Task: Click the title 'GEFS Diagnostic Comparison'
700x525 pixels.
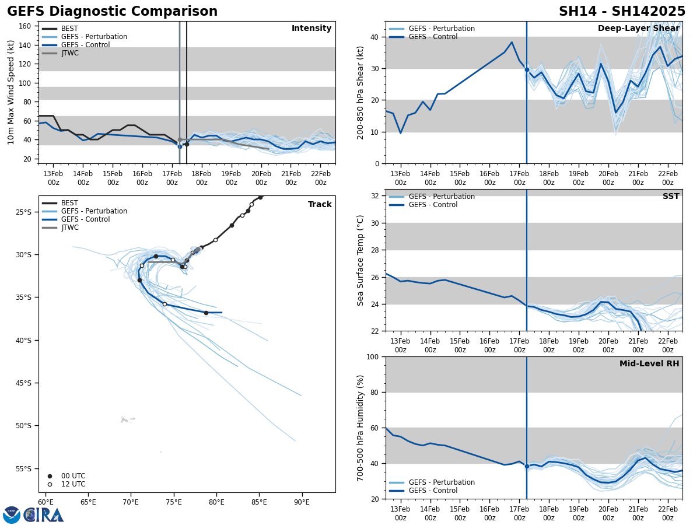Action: point(112,12)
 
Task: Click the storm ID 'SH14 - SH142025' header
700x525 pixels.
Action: point(622,12)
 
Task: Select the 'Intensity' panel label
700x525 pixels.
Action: point(311,29)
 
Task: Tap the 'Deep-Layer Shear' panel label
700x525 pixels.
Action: point(638,29)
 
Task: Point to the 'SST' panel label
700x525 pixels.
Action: point(671,197)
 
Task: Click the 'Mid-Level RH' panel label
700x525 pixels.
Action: point(649,364)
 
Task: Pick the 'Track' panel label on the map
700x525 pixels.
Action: point(320,205)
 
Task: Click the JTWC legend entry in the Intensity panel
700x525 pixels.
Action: point(69,53)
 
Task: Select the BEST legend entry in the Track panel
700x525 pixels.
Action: point(69,203)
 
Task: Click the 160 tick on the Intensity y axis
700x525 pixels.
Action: point(25,26)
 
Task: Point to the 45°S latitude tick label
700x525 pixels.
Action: point(25,383)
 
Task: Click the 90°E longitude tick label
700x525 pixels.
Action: point(302,502)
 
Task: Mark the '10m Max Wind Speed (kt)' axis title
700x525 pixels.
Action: point(11,92)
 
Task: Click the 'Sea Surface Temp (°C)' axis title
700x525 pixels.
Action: point(360,260)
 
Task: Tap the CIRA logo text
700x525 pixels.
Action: point(44,515)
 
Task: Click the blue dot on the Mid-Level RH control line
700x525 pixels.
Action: point(527,466)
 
